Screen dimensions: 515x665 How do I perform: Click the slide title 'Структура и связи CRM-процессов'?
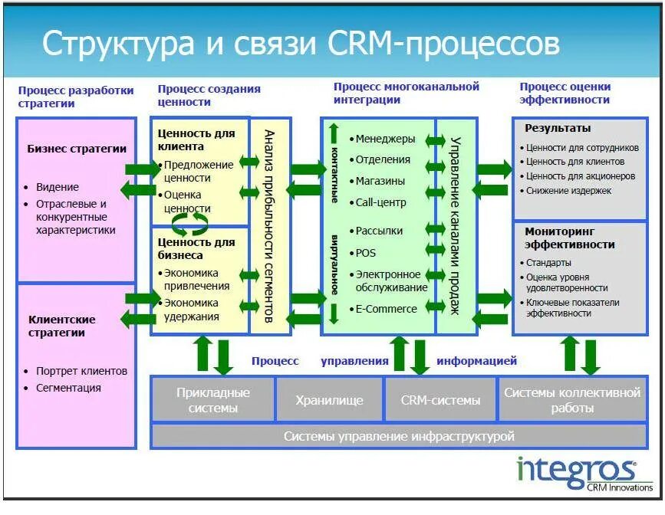(x=301, y=44)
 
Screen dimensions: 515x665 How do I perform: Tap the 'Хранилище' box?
(x=329, y=400)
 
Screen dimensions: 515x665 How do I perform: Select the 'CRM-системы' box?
(x=441, y=400)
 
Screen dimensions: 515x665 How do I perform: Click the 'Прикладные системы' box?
(x=212, y=400)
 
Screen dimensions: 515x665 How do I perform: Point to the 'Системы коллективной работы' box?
(x=571, y=400)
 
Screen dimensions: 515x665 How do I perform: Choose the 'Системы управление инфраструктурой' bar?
(x=399, y=436)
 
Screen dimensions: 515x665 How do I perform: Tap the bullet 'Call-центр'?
(x=380, y=202)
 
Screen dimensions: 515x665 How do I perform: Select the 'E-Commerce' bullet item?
(x=386, y=309)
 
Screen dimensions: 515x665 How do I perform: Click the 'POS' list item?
(x=366, y=253)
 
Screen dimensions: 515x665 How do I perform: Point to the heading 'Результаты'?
(x=558, y=129)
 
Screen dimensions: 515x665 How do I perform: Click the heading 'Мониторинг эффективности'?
(x=569, y=238)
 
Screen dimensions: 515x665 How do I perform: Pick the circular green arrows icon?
(x=189, y=222)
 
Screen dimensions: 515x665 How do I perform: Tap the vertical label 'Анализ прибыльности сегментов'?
(x=269, y=225)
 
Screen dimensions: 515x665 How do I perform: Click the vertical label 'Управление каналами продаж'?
(x=455, y=225)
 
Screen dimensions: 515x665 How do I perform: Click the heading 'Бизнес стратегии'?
(x=76, y=149)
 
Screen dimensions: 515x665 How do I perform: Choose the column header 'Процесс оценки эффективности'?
(x=565, y=94)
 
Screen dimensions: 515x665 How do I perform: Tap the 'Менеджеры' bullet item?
(x=384, y=139)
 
